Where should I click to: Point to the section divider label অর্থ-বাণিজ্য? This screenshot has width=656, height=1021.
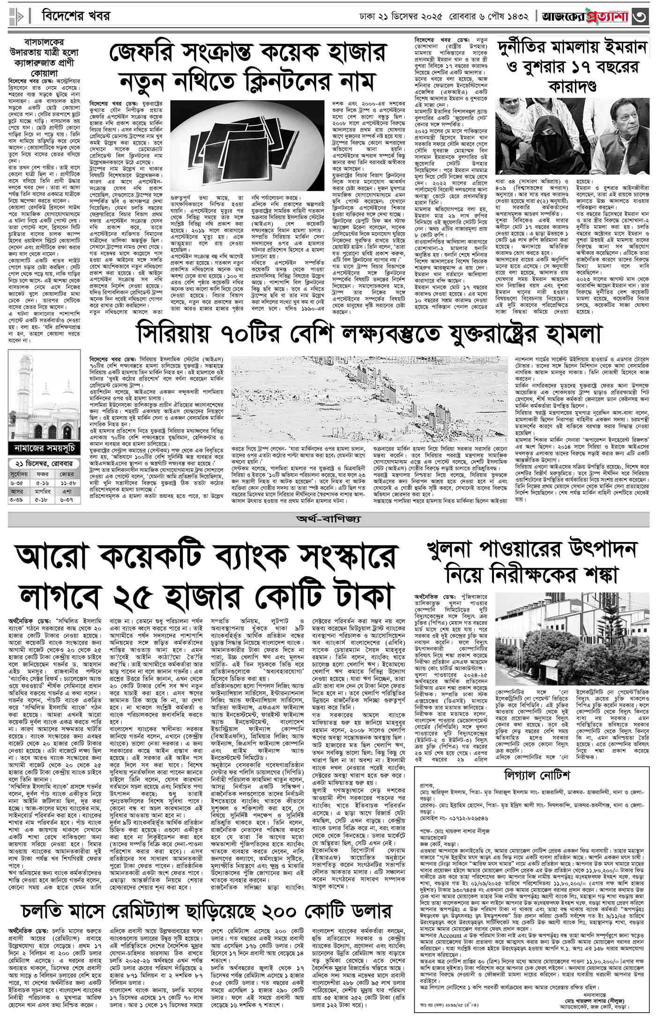point(327,519)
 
